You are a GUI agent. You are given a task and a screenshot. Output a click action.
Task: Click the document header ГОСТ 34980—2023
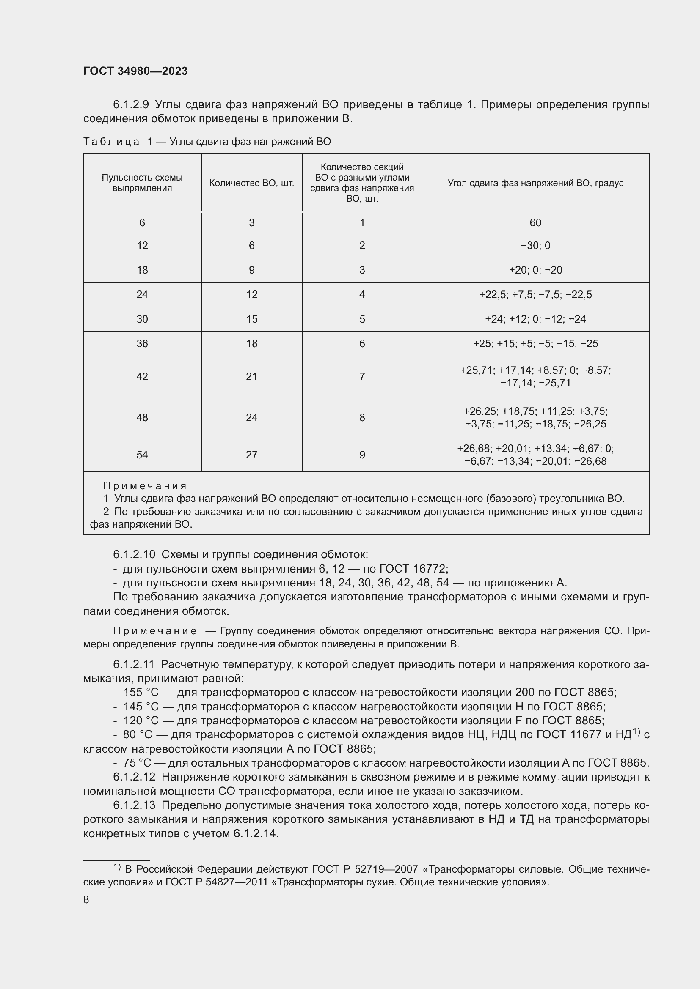pyautogui.click(x=135, y=71)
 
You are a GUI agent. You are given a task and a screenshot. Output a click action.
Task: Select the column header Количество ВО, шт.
pyautogui.click(x=252, y=183)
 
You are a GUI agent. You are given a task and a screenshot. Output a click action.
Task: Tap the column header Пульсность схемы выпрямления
pyautogui.click(x=142, y=183)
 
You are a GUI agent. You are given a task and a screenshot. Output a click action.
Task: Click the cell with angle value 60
pyautogui.click(x=535, y=223)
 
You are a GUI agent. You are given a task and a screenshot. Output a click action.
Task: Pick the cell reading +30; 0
pyautogui.click(x=535, y=246)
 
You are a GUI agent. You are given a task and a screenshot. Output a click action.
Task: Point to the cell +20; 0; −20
pyautogui.click(x=535, y=270)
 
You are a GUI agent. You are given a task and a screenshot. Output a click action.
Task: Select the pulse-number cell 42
pyautogui.click(x=142, y=376)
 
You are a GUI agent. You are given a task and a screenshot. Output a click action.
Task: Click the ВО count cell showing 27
pyautogui.click(x=252, y=455)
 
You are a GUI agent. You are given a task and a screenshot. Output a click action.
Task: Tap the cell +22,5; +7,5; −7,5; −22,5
pyautogui.click(x=535, y=295)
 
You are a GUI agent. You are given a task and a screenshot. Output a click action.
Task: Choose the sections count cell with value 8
pyautogui.click(x=362, y=417)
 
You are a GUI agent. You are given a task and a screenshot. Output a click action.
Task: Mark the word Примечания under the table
pyautogui.click(x=145, y=486)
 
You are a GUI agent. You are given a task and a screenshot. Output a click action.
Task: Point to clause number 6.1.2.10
pyautogui.click(x=134, y=554)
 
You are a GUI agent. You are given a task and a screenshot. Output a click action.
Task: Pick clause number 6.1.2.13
pyautogui.click(x=134, y=805)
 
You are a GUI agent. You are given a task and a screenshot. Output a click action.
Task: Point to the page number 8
pyautogui.click(x=86, y=899)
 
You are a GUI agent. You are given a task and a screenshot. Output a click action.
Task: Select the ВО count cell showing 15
pyautogui.click(x=252, y=319)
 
